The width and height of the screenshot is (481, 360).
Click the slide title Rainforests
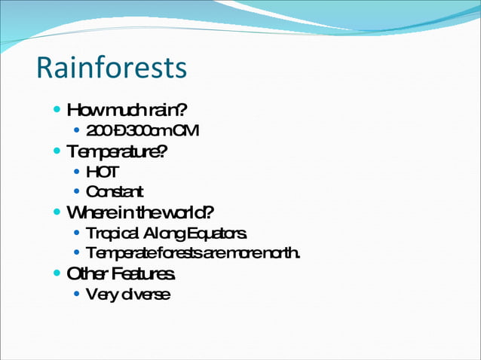[111, 68]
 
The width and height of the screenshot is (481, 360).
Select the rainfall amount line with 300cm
[142, 131]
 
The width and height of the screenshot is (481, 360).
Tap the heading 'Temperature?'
[117, 151]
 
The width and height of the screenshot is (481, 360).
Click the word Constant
[115, 192]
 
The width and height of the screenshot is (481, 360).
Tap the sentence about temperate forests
[193, 252]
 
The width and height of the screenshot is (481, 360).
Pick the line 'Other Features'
[122, 273]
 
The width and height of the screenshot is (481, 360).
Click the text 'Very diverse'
[127, 294]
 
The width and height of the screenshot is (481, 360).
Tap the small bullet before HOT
[78, 172]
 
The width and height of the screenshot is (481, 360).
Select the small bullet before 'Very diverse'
[78, 293]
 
